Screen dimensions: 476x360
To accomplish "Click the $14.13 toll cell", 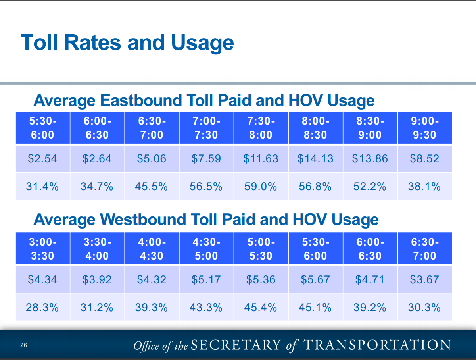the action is tap(315, 159).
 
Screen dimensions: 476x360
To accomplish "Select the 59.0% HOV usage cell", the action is tap(261, 187).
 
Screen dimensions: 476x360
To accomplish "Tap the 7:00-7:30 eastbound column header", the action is tap(206, 128).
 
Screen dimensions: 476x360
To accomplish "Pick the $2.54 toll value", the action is tap(42, 159).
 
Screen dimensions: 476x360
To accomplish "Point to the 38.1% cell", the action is tap(424, 187).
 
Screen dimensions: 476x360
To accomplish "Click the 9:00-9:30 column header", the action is tap(424, 128).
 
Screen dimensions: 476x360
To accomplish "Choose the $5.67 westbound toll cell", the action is tap(315, 279).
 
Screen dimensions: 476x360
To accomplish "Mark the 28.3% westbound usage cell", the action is tap(42, 307).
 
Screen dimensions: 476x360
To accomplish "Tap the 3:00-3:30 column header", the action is tap(42, 249).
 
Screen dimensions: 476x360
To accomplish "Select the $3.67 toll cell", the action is tap(424, 279).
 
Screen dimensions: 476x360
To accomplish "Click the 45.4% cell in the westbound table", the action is tap(261, 307).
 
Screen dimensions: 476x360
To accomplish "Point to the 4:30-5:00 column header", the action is tap(206, 249).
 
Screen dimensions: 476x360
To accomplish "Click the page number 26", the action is tap(23, 345).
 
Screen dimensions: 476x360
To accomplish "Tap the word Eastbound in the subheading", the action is tap(141, 100).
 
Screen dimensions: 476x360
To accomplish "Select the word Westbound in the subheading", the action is tap(143, 219).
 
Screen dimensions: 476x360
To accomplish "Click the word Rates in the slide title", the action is tap(92, 42).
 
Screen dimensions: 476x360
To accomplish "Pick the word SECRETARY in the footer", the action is tap(236, 345).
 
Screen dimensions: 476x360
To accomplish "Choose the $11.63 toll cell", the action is tap(261, 159).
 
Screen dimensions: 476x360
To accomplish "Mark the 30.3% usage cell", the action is tap(424, 307).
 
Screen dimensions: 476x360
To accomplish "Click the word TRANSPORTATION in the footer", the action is tap(377, 345).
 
